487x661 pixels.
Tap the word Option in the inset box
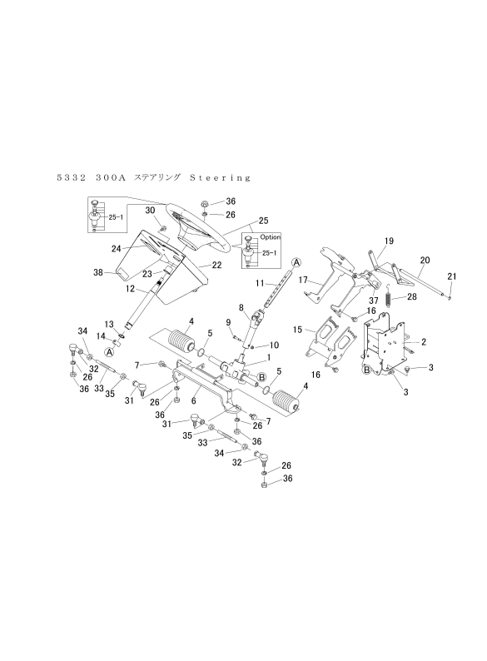(271, 237)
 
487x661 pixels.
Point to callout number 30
(151, 210)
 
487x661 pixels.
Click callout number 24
(117, 247)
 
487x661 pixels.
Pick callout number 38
(97, 271)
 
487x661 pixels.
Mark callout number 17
(304, 280)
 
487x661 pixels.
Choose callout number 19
(388, 241)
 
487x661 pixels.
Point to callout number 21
(452, 276)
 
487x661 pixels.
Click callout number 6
(194, 400)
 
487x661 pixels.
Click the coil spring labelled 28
(388, 298)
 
